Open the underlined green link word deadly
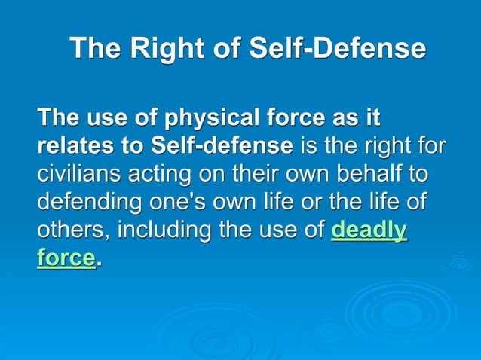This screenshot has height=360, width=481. [369, 230]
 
